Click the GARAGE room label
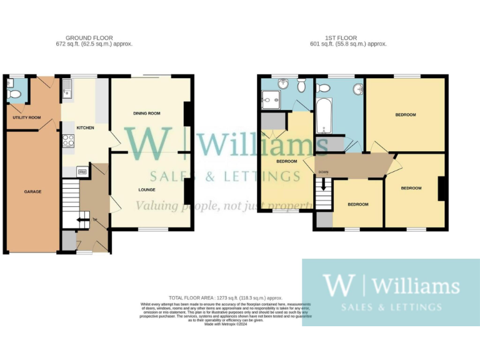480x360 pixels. point(32,191)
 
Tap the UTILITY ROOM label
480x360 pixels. point(26,117)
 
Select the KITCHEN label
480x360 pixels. point(85,127)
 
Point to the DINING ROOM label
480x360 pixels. point(147,113)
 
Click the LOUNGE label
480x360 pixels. point(147,189)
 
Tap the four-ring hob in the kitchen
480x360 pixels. point(68,141)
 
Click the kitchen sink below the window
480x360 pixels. point(67,93)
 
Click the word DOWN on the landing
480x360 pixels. point(323,172)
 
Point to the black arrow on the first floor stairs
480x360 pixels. point(323,186)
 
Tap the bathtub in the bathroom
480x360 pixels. point(323,117)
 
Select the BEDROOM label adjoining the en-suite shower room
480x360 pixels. point(286,161)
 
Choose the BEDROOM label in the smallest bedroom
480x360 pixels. point(358,204)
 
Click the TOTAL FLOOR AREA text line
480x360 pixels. point(226,298)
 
